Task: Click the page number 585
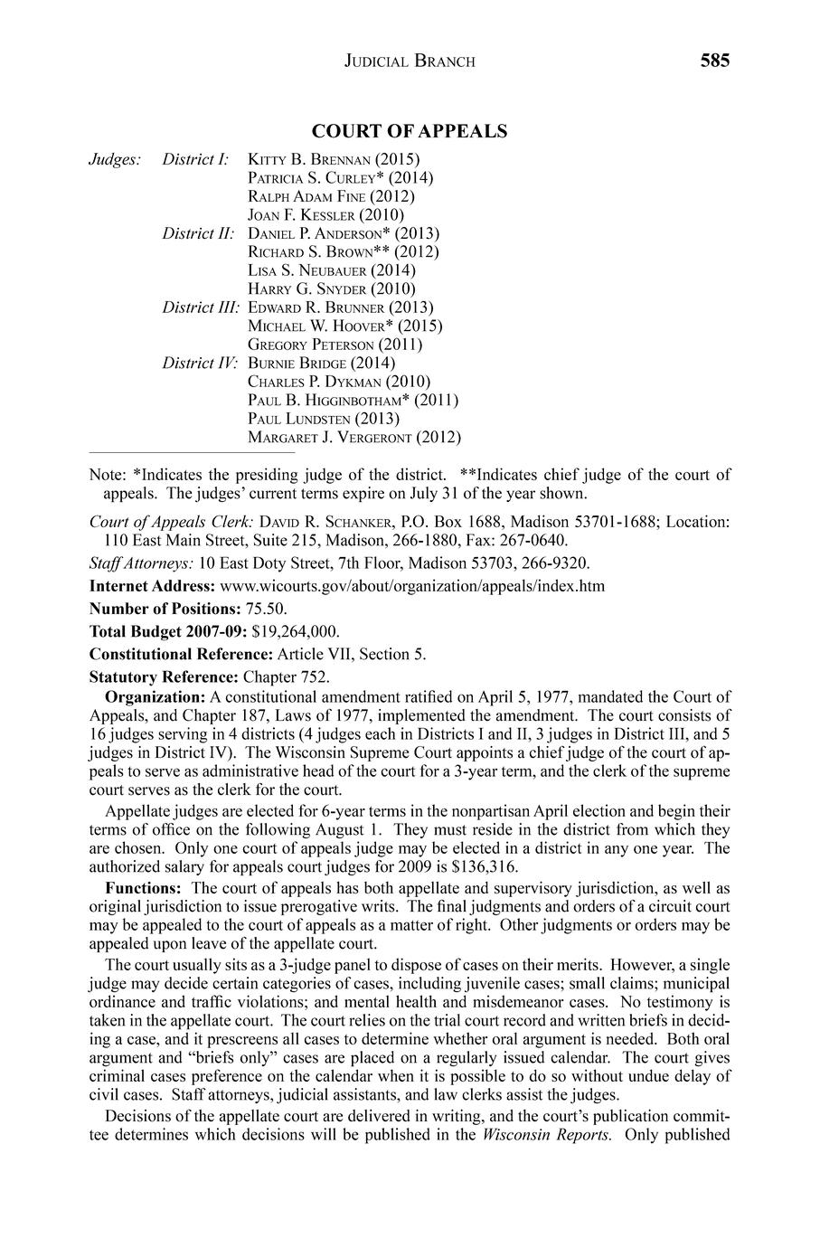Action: point(713,61)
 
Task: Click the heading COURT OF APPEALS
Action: point(410,132)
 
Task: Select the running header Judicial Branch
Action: point(410,61)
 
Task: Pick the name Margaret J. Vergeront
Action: point(331,438)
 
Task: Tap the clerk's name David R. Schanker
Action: point(328,522)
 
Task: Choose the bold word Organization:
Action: point(156,696)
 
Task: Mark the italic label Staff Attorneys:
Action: point(141,563)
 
